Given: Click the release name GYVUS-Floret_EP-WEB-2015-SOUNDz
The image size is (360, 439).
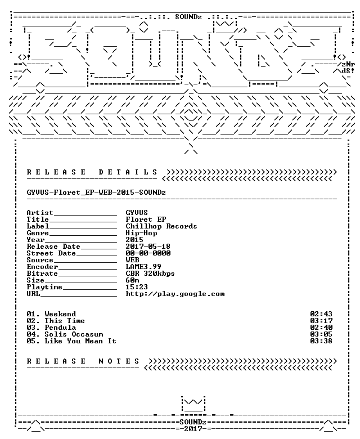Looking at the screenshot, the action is click(x=96, y=192).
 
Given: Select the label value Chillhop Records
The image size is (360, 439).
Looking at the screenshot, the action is click(x=161, y=226).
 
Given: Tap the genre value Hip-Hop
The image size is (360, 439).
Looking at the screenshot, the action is click(x=141, y=233).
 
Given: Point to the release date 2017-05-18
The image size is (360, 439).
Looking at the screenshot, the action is click(x=148, y=247).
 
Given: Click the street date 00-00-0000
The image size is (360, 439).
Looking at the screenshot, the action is click(x=148, y=253).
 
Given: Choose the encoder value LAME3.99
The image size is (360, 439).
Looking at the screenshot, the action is click(x=143, y=267).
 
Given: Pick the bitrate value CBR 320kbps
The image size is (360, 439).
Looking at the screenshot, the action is click(x=150, y=274).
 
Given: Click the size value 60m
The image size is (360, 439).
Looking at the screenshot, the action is click(x=132, y=280).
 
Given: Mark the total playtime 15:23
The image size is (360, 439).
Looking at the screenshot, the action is click(x=137, y=287).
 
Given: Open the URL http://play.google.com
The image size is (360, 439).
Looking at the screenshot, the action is click(x=175, y=294).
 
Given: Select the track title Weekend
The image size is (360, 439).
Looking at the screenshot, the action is click(x=60, y=314).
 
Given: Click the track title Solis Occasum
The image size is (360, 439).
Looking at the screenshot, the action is click(x=74, y=334).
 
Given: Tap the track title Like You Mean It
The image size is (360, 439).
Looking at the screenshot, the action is click(x=80, y=341).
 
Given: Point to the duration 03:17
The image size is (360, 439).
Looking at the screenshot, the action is click(x=321, y=321).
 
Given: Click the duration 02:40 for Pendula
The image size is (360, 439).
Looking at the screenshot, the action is click(x=321, y=328).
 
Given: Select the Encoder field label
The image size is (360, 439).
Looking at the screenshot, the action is click(x=43, y=267).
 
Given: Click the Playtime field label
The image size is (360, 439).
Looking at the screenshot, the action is click(x=44, y=287).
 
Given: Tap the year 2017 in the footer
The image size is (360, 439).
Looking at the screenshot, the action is click(x=193, y=429).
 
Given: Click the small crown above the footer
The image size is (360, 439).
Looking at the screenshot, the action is click(x=193, y=404).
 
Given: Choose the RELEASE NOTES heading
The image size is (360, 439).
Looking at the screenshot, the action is click(x=83, y=361).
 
